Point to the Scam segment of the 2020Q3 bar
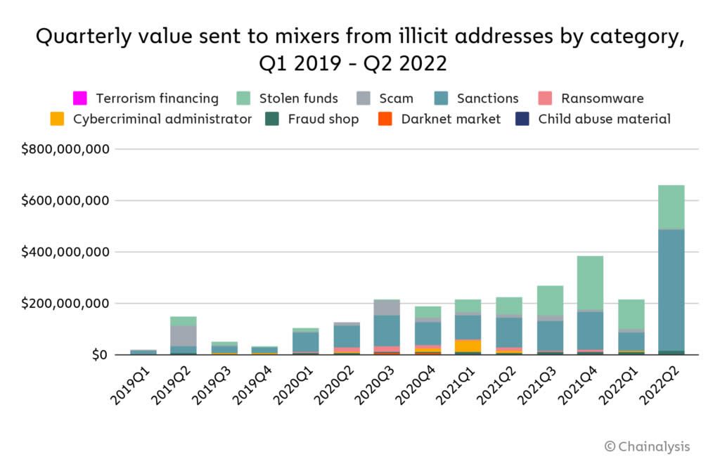pyautogui.click(x=385, y=307)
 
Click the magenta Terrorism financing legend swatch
pyautogui.click(x=80, y=98)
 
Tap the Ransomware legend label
pyautogui.click(x=602, y=98)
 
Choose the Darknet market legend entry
pyautogui.click(x=451, y=119)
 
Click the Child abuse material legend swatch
pyautogui.click(x=522, y=119)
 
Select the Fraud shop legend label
pyautogui.click(x=323, y=119)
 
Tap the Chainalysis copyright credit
pyautogui.click(x=647, y=446)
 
